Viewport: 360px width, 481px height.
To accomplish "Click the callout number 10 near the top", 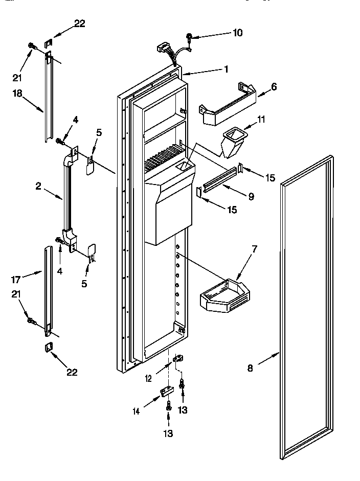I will [237, 33].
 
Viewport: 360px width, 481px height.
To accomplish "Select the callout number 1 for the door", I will [226, 68].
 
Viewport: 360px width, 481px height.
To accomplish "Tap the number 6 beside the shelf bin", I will [274, 86].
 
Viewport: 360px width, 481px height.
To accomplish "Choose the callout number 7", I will [254, 249].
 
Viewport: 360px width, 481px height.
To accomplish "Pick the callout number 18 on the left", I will [18, 93].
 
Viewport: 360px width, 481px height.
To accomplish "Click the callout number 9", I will [251, 195].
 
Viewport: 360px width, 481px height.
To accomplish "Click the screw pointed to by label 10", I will [190, 37].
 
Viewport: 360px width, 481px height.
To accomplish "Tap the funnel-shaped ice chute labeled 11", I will [233, 142].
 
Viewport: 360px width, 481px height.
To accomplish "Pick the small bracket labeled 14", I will [166, 391].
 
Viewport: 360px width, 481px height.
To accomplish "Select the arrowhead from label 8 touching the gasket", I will [279, 353].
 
